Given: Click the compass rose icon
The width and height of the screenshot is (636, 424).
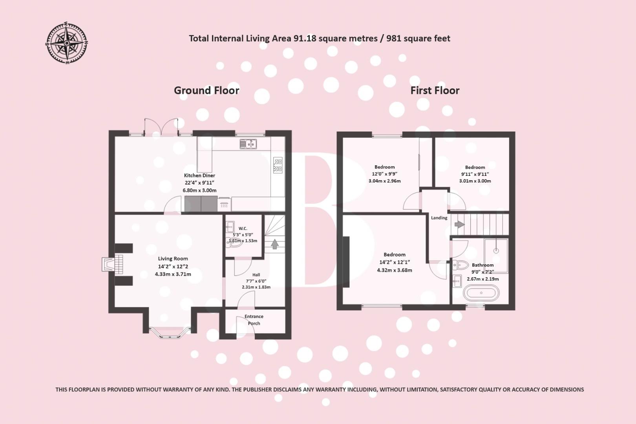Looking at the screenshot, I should [67, 44].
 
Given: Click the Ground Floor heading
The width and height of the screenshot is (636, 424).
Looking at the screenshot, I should [207, 90].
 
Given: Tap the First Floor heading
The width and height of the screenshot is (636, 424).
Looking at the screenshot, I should [435, 90].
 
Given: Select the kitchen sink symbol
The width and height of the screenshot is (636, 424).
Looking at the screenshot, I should [248, 144].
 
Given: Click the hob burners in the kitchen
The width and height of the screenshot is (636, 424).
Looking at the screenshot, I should [278, 165].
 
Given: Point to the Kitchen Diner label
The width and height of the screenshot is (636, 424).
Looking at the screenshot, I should [199, 175].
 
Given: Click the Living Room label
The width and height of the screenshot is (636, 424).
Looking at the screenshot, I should [173, 258].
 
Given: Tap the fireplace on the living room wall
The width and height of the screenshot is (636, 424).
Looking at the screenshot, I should [113, 264].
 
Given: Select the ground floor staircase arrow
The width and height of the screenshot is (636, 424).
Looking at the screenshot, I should [275, 244].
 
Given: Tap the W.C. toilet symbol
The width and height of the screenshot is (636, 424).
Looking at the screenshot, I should [235, 243].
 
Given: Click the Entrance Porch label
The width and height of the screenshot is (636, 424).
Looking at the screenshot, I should [254, 320].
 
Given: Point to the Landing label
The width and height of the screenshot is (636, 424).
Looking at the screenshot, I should [439, 218].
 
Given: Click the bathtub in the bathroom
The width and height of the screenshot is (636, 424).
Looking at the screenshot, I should [481, 293].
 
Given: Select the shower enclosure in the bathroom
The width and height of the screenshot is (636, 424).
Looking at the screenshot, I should [496, 256].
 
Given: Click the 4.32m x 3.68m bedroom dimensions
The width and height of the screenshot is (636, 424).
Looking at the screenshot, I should [395, 270].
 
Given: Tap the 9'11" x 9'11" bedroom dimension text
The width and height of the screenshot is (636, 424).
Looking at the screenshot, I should [475, 174].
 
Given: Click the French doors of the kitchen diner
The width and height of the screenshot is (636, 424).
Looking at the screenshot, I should [161, 128].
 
